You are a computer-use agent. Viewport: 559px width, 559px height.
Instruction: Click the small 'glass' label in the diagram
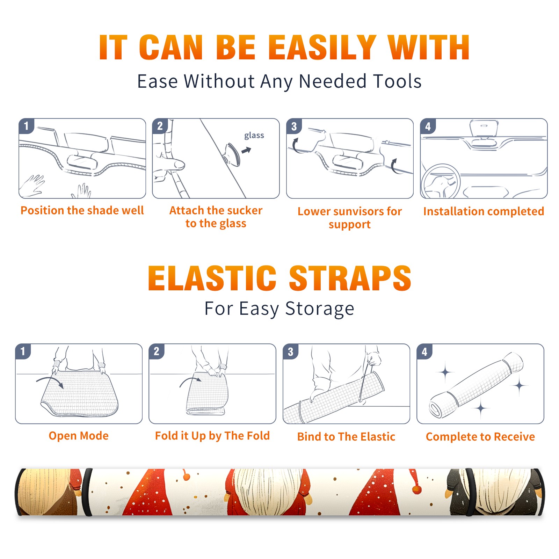254,136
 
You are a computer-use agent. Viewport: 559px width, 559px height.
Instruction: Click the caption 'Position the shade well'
82,210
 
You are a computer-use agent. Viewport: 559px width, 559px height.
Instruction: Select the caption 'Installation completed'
484,211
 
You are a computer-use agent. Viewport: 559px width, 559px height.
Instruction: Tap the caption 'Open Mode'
79,436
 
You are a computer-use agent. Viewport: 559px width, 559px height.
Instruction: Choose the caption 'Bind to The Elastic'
346,437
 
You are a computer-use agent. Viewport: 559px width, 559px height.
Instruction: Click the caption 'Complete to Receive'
480,437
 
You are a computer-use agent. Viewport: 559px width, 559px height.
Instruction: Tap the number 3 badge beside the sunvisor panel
294,126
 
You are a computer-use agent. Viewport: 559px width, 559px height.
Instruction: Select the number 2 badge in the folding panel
157,351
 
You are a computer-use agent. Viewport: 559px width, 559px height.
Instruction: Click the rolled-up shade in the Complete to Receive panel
476,385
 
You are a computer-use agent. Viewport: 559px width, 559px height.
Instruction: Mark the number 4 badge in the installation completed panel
428,126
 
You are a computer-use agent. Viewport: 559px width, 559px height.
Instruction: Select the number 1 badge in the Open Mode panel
23,351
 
